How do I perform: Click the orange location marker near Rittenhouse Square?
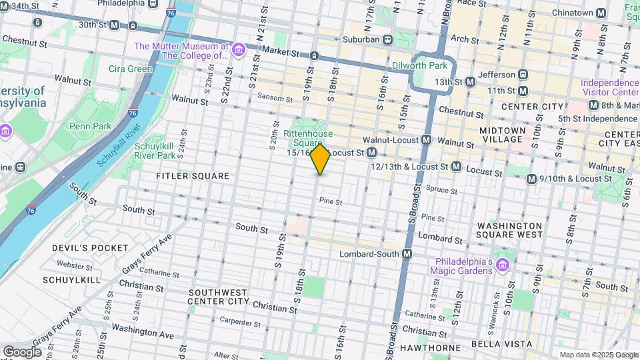320,159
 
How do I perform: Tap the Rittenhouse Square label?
307,138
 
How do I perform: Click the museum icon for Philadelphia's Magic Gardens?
503,266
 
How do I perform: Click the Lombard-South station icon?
407,254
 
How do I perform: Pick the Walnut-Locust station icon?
426,141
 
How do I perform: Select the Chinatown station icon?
601,13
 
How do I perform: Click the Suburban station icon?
387,39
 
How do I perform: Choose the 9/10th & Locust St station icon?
531,179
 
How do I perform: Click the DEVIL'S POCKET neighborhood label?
90,248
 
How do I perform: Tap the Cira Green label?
131,69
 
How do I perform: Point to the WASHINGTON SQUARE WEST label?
509,231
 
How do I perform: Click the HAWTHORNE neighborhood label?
430,348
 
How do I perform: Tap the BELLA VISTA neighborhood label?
501,344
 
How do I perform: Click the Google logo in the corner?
22,351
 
